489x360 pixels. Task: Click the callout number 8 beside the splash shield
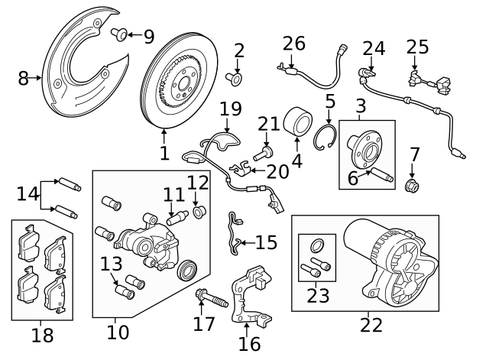[23, 77]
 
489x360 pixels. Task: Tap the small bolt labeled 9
[121, 34]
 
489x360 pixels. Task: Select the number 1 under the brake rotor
[164, 153]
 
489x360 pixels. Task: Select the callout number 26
[293, 43]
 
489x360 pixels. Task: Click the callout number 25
[417, 48]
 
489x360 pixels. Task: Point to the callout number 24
[374, 49]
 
